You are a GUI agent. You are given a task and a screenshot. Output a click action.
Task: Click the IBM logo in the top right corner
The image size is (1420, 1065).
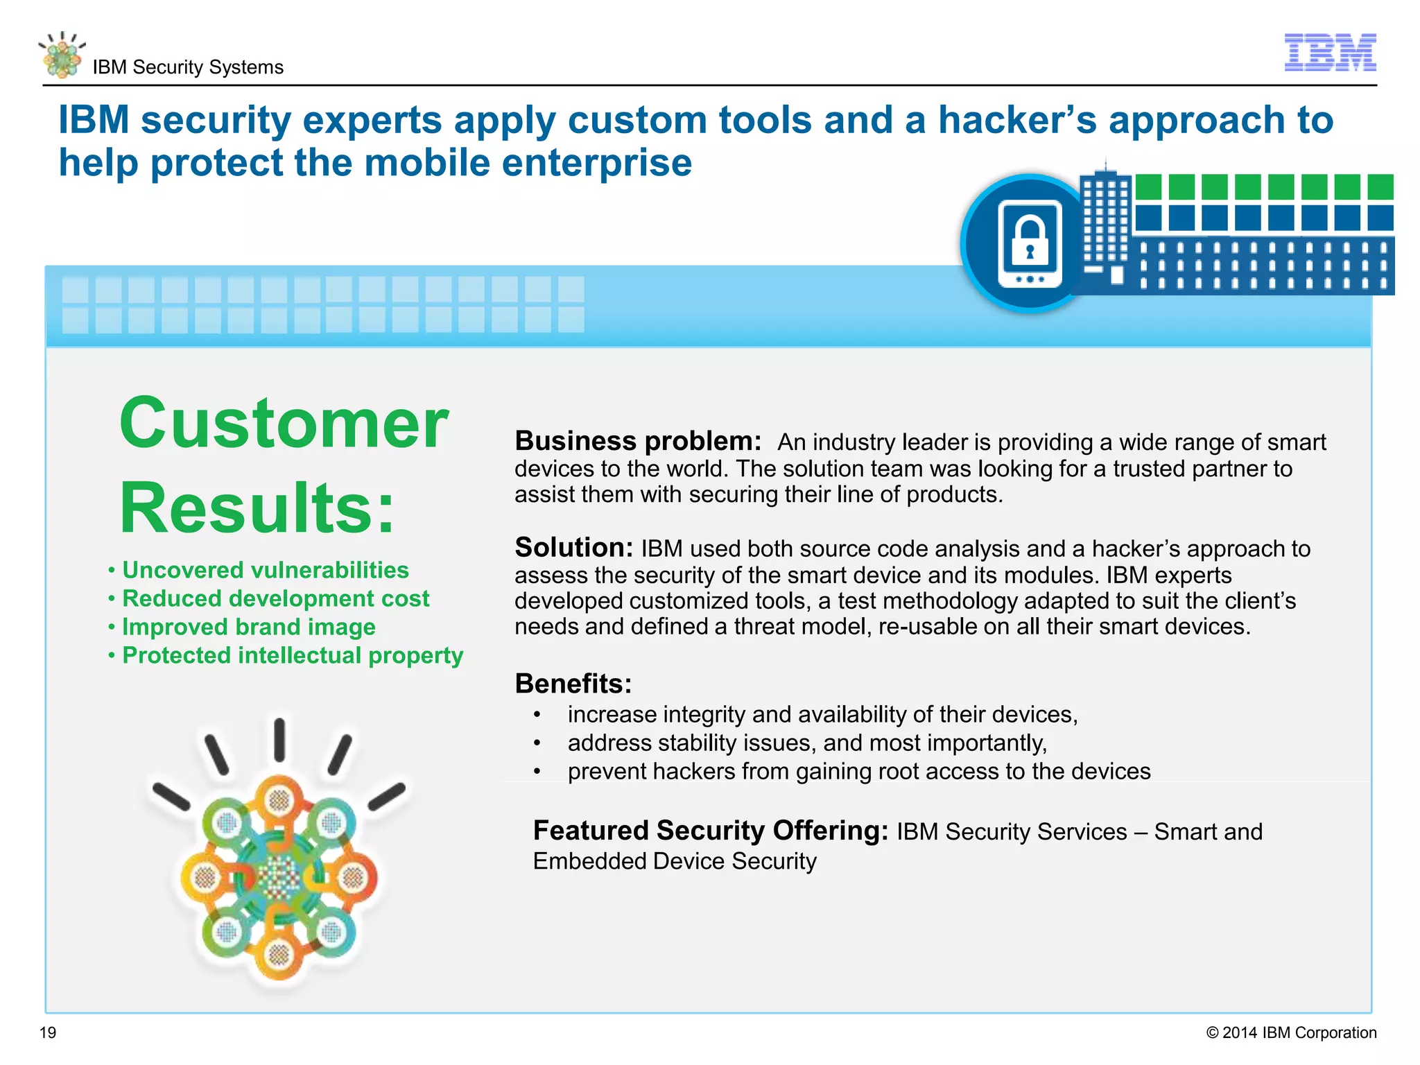1330,53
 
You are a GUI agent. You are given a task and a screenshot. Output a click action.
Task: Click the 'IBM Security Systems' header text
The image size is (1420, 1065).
188,67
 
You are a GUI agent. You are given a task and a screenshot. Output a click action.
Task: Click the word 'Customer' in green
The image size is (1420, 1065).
284,423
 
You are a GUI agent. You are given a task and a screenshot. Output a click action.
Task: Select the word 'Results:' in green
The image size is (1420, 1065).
257,508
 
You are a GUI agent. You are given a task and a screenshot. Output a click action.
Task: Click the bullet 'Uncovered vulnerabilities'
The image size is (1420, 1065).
265,570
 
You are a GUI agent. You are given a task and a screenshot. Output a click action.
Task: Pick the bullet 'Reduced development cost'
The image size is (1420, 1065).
275,598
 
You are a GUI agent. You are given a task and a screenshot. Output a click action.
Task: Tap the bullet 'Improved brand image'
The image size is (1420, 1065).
248,627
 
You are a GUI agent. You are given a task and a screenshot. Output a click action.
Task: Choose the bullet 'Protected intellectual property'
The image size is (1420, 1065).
292,655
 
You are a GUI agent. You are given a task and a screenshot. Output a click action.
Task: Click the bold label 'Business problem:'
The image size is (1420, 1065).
637,441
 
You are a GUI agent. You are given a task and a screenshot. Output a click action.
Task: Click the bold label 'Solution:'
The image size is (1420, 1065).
573,548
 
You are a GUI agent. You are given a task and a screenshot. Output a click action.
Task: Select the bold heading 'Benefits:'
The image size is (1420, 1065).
573,684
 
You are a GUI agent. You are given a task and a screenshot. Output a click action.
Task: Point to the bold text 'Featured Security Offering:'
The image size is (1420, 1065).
710,831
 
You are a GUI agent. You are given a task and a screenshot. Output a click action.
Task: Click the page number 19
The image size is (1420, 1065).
48,1032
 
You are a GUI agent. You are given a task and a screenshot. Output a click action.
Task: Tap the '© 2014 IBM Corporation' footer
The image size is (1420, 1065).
1291,1032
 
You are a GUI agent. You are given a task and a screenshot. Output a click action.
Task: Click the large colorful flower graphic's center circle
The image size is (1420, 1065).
279,878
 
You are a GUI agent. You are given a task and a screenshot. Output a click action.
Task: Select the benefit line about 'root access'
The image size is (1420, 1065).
858,771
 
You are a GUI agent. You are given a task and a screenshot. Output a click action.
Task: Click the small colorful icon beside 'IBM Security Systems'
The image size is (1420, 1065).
62,56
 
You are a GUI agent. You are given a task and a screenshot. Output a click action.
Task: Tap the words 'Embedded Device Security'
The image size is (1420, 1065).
674,861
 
